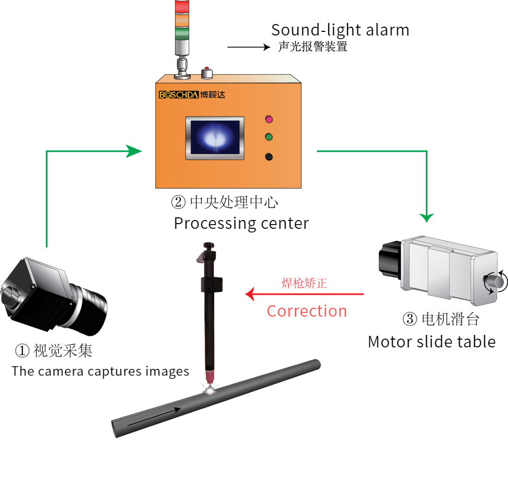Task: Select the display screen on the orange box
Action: tap(215, 137)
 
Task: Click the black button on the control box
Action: tap(269, 156)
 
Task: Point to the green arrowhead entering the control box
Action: tap(135, 152)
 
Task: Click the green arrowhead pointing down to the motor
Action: tap(428, 217)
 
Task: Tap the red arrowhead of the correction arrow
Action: tap(250, 294)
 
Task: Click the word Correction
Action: tap(307, 311)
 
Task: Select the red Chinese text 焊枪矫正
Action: tap(304, 283)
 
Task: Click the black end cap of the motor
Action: tap(389, 258)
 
